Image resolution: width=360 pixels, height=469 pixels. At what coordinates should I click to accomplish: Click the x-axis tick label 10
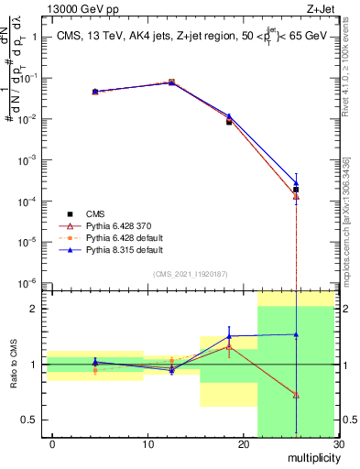(147, 444)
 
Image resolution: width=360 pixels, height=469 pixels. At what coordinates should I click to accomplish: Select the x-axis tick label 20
(243, 444)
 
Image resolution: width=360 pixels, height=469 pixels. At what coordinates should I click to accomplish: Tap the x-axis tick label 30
(338, 444)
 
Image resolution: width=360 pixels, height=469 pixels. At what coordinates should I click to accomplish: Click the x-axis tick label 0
(52, 444)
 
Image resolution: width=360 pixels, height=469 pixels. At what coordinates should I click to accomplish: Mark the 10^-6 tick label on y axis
(28, 283)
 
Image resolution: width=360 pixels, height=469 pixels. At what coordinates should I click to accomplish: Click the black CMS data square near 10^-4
(296, 190)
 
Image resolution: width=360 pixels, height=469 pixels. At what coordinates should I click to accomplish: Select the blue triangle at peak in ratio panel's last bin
(296, 334)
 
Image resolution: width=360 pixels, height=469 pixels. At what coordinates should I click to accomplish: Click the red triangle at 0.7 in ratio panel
(296, 395)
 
